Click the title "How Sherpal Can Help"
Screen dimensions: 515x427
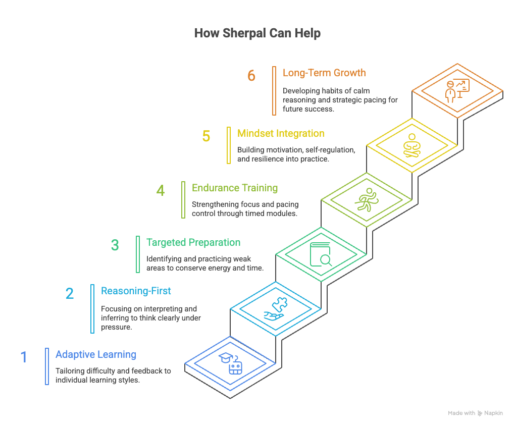[257, 33]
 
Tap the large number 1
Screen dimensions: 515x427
[24, 357]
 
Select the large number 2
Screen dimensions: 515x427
[70, 294]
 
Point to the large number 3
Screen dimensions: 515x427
[115, 245]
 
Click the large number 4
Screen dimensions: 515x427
[161, 191]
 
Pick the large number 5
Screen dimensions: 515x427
[206, 136]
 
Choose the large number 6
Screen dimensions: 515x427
[251, 76]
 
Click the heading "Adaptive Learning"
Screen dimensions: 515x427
[96, 354]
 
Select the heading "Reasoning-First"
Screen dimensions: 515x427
[136, 291]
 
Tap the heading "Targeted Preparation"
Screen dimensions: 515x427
[193, 242]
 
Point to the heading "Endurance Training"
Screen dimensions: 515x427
[235, 188]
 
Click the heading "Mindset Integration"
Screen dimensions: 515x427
[281, 133]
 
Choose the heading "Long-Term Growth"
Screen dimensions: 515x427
[324, 73]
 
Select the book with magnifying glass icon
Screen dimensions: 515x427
[321, 254]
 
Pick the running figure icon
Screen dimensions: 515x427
[366, 200]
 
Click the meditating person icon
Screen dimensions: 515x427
[411, 145]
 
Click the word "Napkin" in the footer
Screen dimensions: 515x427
[494, 413]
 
